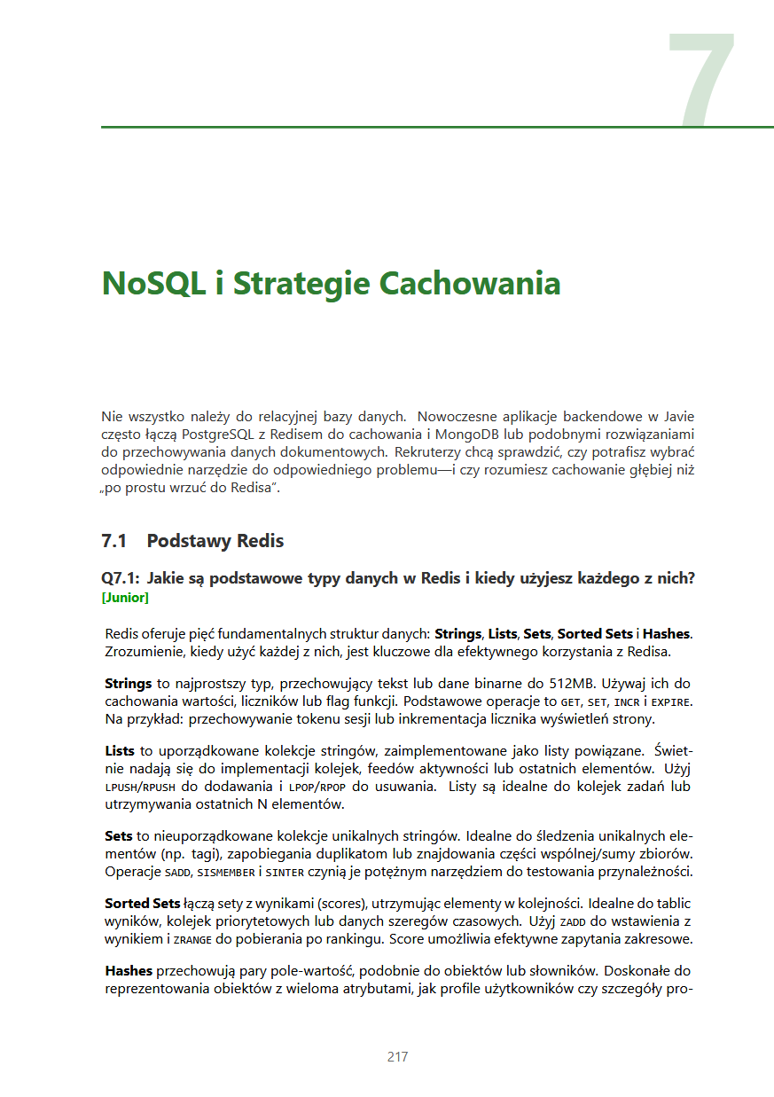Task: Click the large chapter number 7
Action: point(701,80)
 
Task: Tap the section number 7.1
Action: point(115,541)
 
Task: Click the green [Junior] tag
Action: point(125,598)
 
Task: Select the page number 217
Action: point(397,1056)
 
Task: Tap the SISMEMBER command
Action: point(228,872)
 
